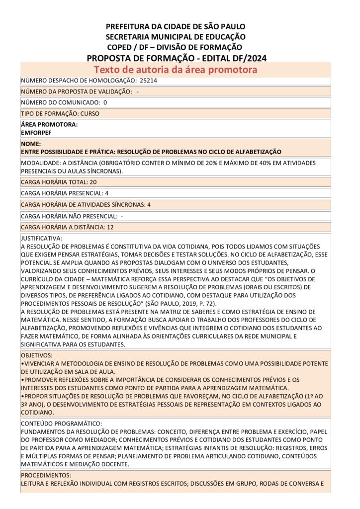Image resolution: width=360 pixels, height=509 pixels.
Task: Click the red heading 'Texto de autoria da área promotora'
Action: click(176, 70)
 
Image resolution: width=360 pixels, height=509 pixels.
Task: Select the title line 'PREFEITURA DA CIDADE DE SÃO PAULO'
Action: click(176, 26)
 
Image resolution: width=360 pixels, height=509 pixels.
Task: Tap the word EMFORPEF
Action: click(36, 133)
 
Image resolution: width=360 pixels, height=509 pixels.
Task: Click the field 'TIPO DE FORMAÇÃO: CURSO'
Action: click(60, 113)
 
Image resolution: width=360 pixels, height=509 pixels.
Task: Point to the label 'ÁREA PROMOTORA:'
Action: click(49, 125)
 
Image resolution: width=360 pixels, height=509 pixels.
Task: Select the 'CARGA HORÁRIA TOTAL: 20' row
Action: click(59, 182)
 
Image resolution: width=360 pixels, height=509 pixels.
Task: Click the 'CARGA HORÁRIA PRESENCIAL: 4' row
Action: click(65, 193)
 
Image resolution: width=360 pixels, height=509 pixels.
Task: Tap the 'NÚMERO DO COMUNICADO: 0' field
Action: click(64, 102)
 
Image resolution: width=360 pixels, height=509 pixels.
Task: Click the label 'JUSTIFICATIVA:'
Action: click(41, 239)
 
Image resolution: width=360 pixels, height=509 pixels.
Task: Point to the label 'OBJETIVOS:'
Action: click(36, 356)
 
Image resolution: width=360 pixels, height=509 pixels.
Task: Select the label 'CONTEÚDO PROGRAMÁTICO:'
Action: click(58, 424)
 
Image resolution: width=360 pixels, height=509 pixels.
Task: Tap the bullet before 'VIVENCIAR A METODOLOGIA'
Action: click(22, 364)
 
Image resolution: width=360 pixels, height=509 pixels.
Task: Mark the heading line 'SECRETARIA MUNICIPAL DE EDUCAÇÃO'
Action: click(176, 37)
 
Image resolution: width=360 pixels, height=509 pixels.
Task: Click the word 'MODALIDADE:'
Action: click(39, 163)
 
